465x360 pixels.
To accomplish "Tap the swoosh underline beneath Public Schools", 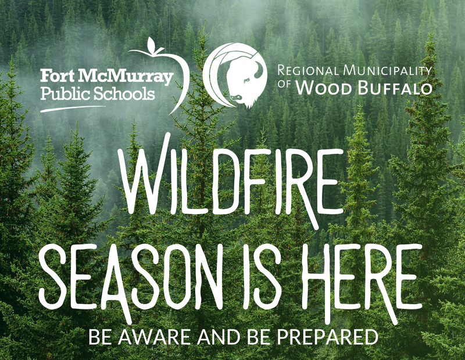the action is click(x=73, y=109).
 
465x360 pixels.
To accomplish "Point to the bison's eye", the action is click(x=246, y=80).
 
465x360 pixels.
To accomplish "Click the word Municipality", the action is click(x=387, y=70).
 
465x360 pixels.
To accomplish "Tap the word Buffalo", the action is click(x=395, y=88).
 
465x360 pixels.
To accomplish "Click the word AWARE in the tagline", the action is click(x=156, y=337).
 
